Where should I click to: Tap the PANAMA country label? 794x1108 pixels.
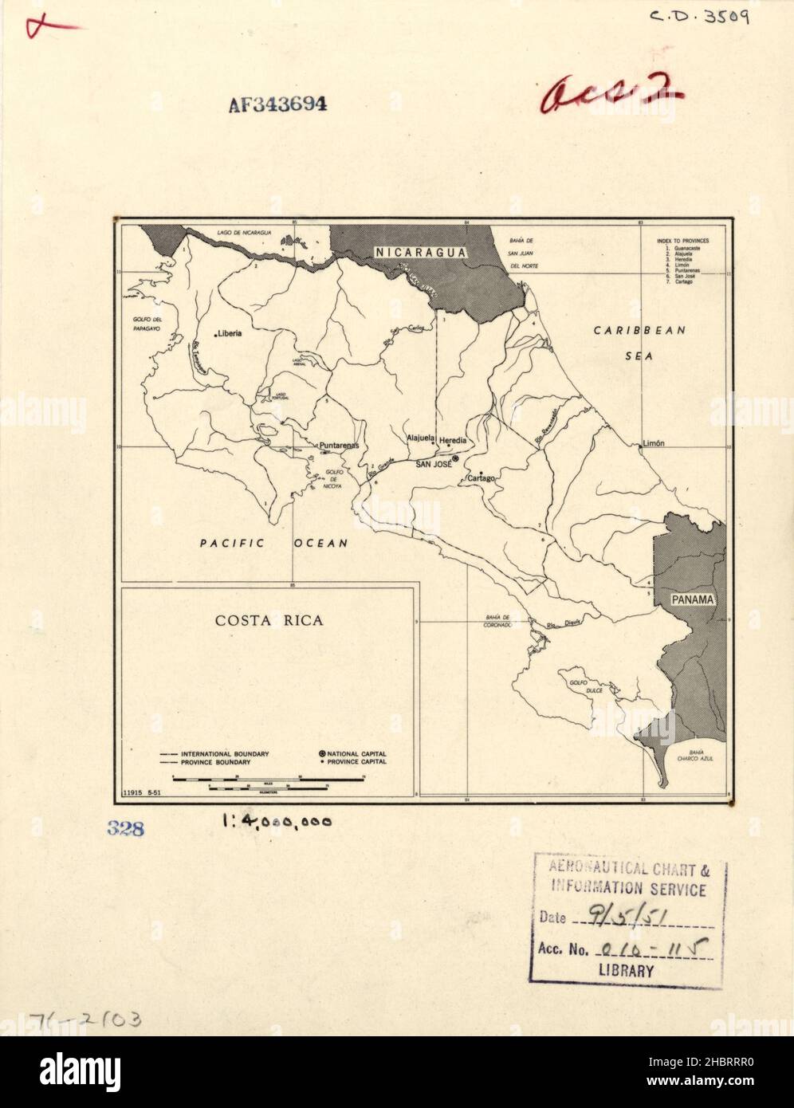692,599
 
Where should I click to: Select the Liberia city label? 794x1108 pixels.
228,334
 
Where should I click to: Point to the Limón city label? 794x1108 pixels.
654,442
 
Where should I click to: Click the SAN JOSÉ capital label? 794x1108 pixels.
431,463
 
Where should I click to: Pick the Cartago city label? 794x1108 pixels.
482,478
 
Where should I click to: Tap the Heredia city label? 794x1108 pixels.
453,440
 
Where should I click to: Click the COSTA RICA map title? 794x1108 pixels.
269,620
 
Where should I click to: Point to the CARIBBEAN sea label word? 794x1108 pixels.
639,330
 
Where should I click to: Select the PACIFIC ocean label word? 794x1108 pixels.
231,544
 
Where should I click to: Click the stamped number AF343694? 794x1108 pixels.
277,104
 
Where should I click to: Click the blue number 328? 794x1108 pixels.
126,829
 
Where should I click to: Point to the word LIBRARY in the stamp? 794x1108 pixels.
626,971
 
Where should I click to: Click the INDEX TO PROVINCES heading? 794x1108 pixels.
682,240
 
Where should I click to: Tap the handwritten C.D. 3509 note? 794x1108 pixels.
698,16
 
